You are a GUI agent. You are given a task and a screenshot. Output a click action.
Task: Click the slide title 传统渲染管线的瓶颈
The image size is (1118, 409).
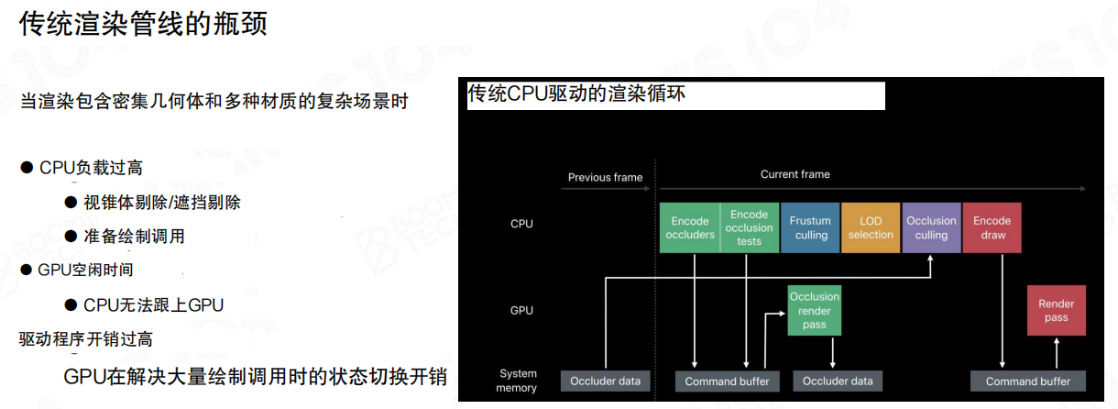143,23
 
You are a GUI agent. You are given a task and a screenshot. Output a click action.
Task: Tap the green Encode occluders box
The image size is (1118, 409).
690,227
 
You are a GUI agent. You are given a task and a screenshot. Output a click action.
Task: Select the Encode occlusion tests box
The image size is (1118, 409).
750,227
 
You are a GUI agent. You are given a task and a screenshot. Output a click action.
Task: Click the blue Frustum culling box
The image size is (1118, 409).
810,227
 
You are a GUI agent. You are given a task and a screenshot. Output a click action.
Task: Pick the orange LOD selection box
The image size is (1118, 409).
871,227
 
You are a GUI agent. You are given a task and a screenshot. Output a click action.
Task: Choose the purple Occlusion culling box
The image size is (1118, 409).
931,227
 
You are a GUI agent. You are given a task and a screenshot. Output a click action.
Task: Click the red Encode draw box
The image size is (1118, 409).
992,227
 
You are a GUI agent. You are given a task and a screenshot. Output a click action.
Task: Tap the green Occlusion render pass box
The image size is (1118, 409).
815,310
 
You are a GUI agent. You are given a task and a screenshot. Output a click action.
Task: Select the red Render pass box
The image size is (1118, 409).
1056,310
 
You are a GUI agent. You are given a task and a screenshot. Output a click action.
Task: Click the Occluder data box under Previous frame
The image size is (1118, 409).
605,381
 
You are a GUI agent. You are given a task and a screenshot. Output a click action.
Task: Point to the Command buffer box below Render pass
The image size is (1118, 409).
1027,381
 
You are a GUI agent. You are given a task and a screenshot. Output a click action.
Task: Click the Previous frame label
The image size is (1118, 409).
605,177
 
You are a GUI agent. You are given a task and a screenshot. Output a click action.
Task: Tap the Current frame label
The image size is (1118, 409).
795,174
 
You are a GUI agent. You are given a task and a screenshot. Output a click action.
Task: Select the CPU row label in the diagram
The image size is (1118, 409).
521,224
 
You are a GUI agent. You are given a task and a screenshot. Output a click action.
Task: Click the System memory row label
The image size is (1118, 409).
517,381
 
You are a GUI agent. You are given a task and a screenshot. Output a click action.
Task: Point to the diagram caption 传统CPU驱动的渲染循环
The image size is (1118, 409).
576,94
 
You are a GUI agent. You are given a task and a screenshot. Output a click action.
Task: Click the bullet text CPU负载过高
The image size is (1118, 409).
91,168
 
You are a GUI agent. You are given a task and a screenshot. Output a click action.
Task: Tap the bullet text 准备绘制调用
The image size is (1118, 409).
134,236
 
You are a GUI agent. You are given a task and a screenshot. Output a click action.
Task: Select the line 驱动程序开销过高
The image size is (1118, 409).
86,339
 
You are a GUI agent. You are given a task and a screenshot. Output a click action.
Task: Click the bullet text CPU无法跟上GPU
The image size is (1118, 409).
153,304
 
